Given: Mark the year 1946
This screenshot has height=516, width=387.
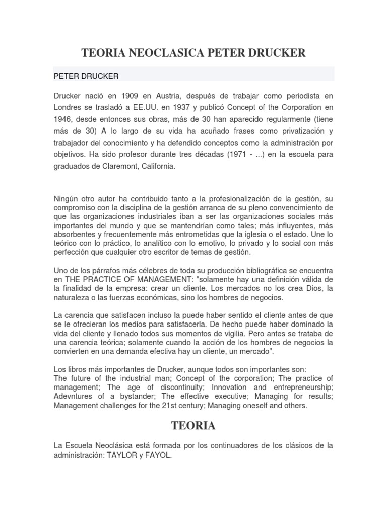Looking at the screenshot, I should click(63, 120).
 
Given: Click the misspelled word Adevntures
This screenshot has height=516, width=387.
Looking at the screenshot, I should click(74, 397).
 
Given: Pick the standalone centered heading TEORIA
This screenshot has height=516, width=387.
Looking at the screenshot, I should click(193, 426).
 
